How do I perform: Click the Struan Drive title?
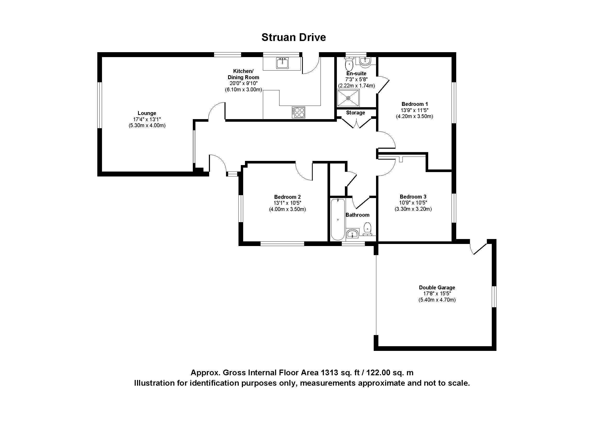click(294, 37)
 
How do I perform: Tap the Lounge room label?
click(147, 113)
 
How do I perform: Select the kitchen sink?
click(282, 63)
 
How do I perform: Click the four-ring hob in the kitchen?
click(298, 112)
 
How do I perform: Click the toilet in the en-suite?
click(349, 63)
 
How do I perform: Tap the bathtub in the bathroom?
click(338, 219)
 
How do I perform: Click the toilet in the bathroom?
click(368, 229)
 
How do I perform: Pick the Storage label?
click(355, 113)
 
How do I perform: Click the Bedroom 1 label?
click(414, 104)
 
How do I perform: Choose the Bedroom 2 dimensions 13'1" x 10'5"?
click(287, 203)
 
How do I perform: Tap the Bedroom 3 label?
click(413, 197)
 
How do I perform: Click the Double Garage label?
click(437, 287)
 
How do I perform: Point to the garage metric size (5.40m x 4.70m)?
click(437, 300)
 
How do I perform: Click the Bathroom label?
click(357, 215)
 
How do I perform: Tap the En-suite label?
click(356, 73)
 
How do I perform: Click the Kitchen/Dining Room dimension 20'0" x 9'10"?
click(243, 84)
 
